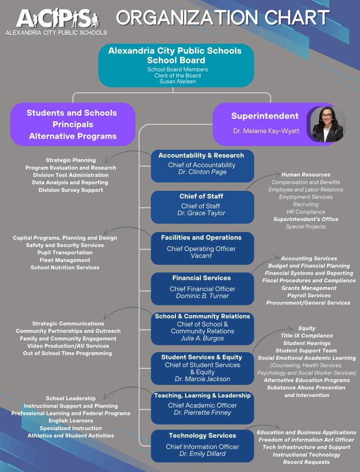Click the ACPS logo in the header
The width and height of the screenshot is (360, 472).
pos(56,21)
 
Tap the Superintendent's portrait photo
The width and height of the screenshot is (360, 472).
pos(326,124)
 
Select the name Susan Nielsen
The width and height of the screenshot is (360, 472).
pos(177,82)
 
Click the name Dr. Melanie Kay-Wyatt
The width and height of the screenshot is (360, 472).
pos(266,131)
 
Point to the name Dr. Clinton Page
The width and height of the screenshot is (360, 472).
pos(202,172)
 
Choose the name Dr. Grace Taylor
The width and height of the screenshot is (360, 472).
pos(201,213)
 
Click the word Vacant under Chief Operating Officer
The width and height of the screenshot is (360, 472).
pos(201,256)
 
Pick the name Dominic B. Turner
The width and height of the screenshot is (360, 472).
pos(202,296)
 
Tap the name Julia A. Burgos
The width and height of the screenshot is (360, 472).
pos(202,338)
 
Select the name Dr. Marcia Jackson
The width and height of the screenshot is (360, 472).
pos(202,379)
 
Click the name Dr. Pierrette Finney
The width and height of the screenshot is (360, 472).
pos(202,413)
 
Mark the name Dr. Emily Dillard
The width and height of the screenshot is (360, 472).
pos(202,454)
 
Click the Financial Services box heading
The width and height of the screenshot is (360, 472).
pos(202,278)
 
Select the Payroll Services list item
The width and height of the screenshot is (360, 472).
pos(308,296)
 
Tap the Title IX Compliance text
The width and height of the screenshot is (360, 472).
pos(306,336)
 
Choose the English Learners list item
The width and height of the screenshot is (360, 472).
pos(71,421)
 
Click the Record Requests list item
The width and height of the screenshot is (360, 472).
pos(306,462)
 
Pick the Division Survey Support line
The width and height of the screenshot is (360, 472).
pos(71,190)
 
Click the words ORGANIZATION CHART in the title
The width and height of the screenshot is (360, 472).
pos(223,18)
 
